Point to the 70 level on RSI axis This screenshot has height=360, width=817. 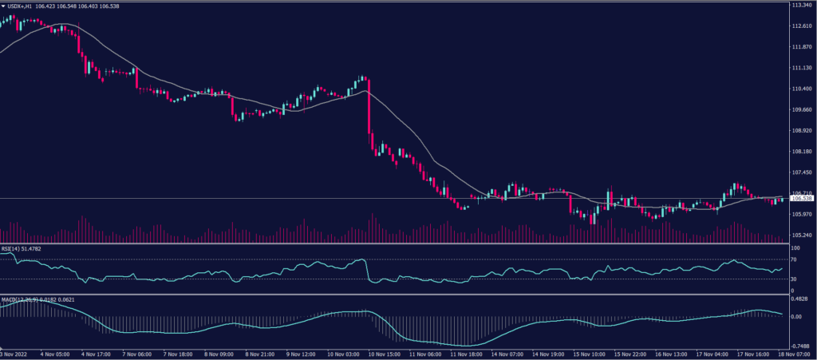click(794, 260)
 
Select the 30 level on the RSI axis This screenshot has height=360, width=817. click(794, 279)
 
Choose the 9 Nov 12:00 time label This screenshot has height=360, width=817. click(302, 354)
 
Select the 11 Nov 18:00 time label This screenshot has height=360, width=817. click(468, 354)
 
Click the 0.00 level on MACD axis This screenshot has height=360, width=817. click(795, 316)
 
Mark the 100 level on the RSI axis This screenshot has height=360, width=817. click(795, 249)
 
